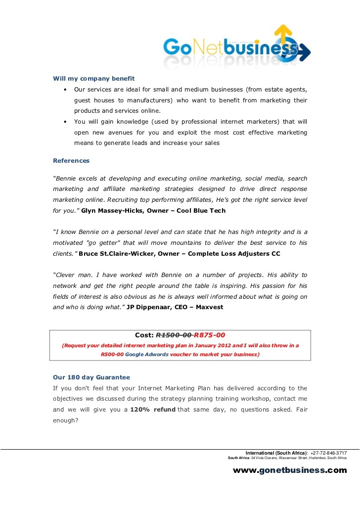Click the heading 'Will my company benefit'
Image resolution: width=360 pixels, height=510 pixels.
point(94,78)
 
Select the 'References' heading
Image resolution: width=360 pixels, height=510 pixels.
point(71,160)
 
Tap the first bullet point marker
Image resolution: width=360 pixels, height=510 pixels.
point(65,90)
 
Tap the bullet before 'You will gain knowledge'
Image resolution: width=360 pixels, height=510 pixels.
point(65,121)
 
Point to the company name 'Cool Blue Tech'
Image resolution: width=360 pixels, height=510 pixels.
point(202,210)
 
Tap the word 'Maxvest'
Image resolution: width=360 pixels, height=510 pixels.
point(210,307)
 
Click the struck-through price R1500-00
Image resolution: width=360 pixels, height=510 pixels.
point(174,335)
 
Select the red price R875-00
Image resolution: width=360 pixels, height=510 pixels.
point(210,335)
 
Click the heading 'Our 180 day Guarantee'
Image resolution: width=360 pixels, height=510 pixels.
point(91,377)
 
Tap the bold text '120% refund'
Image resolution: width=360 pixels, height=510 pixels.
point(153,409)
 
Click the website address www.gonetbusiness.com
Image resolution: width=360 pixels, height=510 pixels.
point(290,470)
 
